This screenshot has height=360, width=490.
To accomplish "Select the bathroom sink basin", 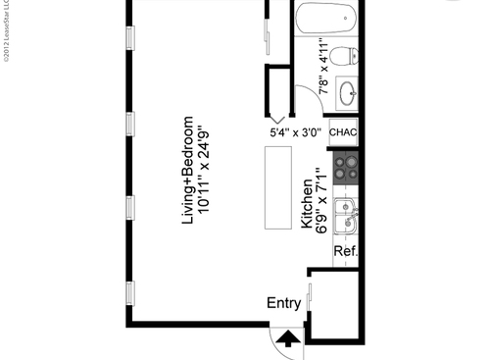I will tap(347, 93).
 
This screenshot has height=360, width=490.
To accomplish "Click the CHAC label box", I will tap(344, 131).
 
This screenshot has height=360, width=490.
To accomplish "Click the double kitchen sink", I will tap(344, 216).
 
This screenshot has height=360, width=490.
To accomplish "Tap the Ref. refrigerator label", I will tap(345, 252).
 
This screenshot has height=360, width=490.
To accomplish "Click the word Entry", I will tap(284, 304).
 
